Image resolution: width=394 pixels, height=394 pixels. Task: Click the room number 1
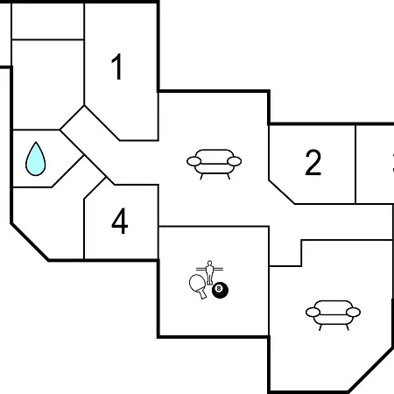(x=117, y=67)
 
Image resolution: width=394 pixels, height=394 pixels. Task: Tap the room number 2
(x=313, y=162)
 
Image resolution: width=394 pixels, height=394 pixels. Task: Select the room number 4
(x=120, y=221)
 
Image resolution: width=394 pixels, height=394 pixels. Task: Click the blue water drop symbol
(x=36, y=159)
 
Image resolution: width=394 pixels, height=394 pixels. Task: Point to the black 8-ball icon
(x=220, y=290)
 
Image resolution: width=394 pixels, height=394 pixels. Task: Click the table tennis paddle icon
(x=199, y=286)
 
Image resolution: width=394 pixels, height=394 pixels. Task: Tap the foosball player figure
(x=209, y=272)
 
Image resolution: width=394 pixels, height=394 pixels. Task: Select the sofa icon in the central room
(x=214, y=164)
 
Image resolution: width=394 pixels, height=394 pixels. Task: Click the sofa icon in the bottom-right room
(x=333, y=315)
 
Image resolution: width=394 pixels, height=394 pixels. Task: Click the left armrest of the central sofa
(x=194, y=161)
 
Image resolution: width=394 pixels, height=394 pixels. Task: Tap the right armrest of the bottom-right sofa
(x=353, y=312)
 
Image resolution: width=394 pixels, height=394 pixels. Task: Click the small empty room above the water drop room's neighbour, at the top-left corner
(x=48, y=21)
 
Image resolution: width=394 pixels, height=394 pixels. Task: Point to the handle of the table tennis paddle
(x=203, y=294)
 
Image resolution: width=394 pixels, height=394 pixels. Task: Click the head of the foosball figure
(x=209, y=263)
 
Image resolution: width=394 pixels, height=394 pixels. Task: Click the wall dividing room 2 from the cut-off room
(x=355, y=165)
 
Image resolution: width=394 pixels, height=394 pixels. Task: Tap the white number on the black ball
(x=219, y=288)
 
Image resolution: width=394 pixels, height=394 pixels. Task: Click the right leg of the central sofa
(x=229, y=176)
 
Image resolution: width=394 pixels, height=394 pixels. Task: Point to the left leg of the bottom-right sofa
(x=320, y=327)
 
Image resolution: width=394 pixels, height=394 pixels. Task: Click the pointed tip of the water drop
(x=36, y=142)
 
